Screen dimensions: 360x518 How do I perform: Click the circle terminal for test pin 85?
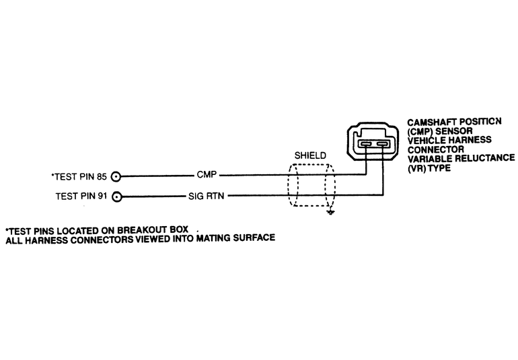point(116,177)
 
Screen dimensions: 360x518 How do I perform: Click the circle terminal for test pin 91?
point(116,197)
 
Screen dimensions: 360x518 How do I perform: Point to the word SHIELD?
point(310,155)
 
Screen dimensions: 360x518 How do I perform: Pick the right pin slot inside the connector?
point(382,145)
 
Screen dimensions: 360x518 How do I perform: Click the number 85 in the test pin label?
point(102,178)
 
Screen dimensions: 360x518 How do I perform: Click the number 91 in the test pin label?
point(102,197)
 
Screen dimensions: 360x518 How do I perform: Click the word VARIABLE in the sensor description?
point(429,157)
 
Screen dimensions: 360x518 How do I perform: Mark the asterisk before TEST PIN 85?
point(52,176)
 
